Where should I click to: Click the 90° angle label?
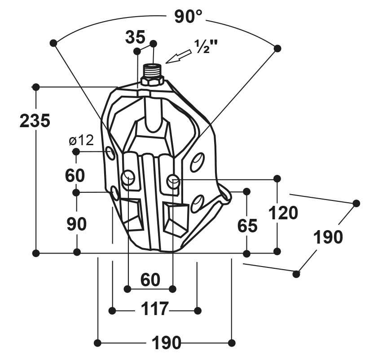pyautogui.click(x=188, y=17)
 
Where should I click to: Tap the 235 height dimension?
pyautogui.click(x=35, y=120)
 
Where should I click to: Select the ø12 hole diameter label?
pyautogui.click(x=81, y=140)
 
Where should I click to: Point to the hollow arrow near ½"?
pyautogui.click(x=178, y=57)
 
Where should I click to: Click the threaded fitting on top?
pyautogui.click(x=152, y=70)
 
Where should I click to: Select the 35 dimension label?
pyautogui.click(x=135, y=37)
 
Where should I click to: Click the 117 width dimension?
pyautogui.click(x=154, y=309)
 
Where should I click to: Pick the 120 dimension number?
pyautogui.click(x=283, y=213)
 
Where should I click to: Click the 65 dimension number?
pyautogui.click(x=247, y=226)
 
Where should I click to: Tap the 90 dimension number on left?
pyautogui.click(x=76, y=224)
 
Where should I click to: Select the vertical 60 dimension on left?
pyautogui.click(x=75, y=175)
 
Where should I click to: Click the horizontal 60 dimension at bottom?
pyautogui.click(x=150, y=280)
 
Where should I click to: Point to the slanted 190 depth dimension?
pyautogui.click(x=328, y=237)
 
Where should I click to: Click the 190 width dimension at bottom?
pyautogui.click(x=167, y=342)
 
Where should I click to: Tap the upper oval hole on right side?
pyautogui.click(x=198, y=162)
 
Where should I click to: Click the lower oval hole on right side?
pyautogui.click(x=197, y=204)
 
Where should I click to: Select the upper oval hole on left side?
pyautogui.click(x=110, y=153)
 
